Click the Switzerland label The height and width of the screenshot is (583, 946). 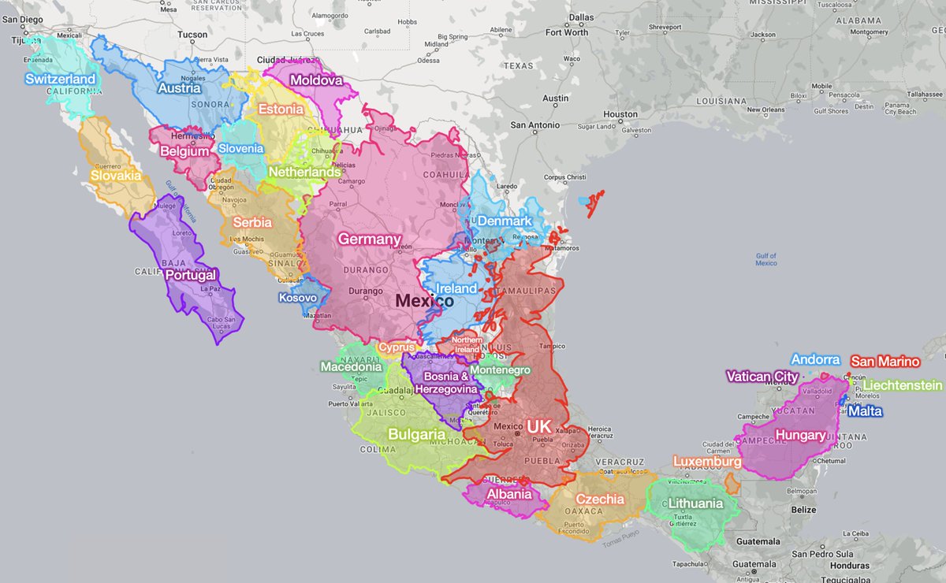click(60, 79)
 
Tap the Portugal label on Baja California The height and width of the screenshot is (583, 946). click(190, 276)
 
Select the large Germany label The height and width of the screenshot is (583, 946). click(370, 239)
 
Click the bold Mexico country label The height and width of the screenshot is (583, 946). click(424, 301)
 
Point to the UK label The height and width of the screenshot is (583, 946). click(539, 426)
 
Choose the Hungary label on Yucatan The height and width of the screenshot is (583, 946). click(800, 435)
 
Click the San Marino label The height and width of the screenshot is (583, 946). click(885, 362)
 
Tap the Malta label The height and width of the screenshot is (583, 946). click(865, 411)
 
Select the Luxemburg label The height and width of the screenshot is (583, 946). click(706, 461)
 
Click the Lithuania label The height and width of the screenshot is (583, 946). click(695, 503)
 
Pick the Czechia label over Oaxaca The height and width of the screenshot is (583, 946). click(600, 499)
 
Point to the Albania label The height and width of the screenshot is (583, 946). click(508, 494)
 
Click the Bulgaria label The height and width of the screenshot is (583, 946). click(416, 434)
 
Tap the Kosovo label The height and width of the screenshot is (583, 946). click(297, 298)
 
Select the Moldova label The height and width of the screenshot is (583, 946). click(316, 80)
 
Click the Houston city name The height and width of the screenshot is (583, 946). click(620, 114)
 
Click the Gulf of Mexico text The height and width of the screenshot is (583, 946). click(765, 259)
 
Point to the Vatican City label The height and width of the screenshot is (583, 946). click(762, 377)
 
